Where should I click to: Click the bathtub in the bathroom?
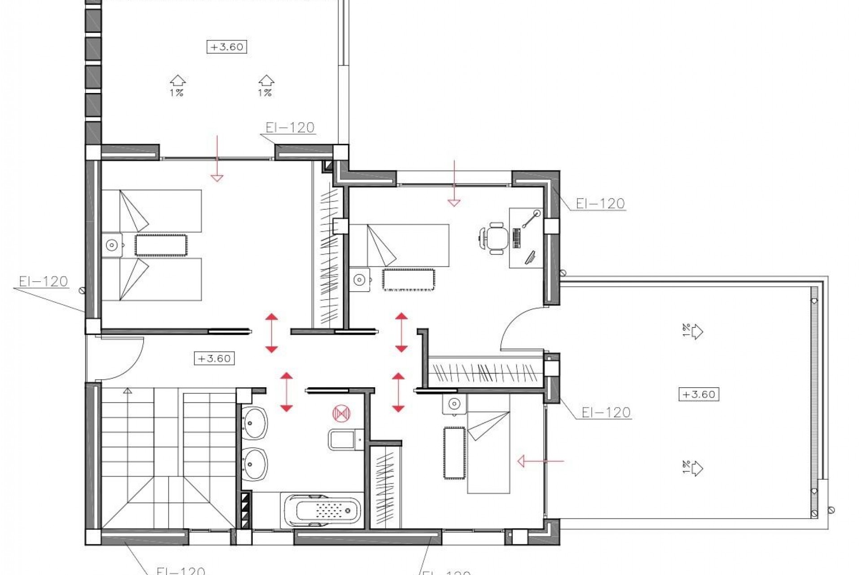click(321, 511)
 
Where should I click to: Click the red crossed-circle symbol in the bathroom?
click(341, 413)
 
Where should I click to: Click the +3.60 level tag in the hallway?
click(214, 358)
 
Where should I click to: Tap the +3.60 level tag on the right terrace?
click(699, 394)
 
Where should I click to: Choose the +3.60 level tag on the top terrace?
click(227, 47)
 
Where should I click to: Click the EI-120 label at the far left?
click(43, 282)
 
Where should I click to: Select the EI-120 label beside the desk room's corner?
click(600, 203)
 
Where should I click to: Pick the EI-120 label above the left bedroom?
click(290, 128)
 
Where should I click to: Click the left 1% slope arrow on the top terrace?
click(177, 85)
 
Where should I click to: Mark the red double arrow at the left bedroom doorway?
click(271, 333)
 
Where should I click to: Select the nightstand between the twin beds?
click(112, 245)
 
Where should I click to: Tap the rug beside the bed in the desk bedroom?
click(408, 279)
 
